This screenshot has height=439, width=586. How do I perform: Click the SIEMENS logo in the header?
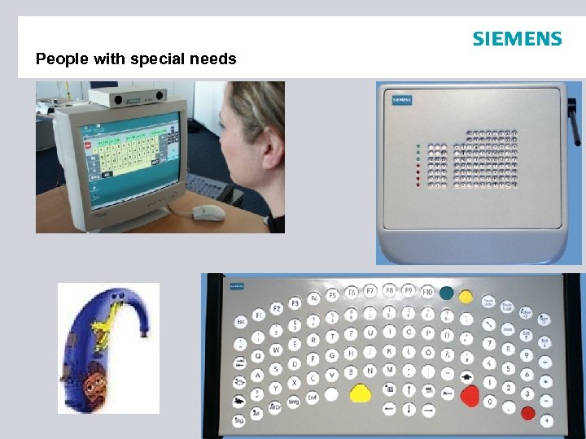(517, 39)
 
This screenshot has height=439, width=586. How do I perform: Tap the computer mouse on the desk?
(209, 212)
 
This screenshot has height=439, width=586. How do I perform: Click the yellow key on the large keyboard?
(360, 393)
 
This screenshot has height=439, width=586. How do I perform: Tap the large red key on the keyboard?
(470, 397)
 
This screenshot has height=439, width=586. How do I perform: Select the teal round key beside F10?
(446, 293)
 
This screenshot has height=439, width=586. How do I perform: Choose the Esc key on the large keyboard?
(241, 323)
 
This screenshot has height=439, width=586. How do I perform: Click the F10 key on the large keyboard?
(426, 291)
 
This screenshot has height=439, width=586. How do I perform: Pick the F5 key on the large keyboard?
(331, 294)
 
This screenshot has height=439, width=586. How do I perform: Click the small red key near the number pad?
(527, 412)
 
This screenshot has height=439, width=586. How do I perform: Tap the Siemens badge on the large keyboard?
(237, 286)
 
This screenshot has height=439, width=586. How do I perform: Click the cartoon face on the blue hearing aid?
(98, 377)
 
